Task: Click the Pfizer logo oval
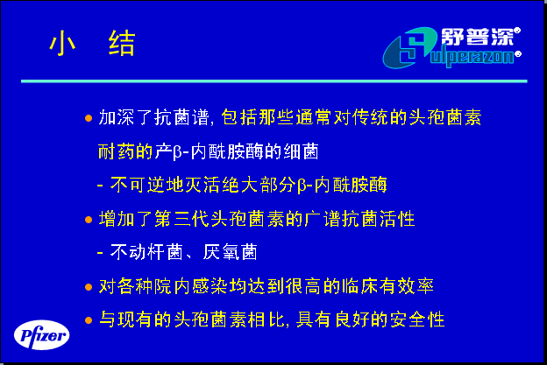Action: click(41, 335)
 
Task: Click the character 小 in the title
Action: click(62, 43)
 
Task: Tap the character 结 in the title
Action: click(122, 43)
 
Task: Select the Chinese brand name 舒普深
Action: click(478, 37)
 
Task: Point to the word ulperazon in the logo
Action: click(472, 58)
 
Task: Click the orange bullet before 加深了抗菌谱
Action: click(89, 118)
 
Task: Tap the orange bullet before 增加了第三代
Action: click(89, 220)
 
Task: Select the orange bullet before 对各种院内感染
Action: click(89, 287)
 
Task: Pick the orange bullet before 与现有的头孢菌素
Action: click(89, 320)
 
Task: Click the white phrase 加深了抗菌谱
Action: click(153, 117)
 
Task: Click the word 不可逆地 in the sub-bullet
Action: click(147, 184)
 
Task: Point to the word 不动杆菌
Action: click(147, 252)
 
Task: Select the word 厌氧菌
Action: click(230, 252)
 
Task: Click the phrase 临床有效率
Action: click(387, 286)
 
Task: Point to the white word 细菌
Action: click(301, 151)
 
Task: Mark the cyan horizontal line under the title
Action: click(274, 81)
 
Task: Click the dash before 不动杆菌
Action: click(100, 252)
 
